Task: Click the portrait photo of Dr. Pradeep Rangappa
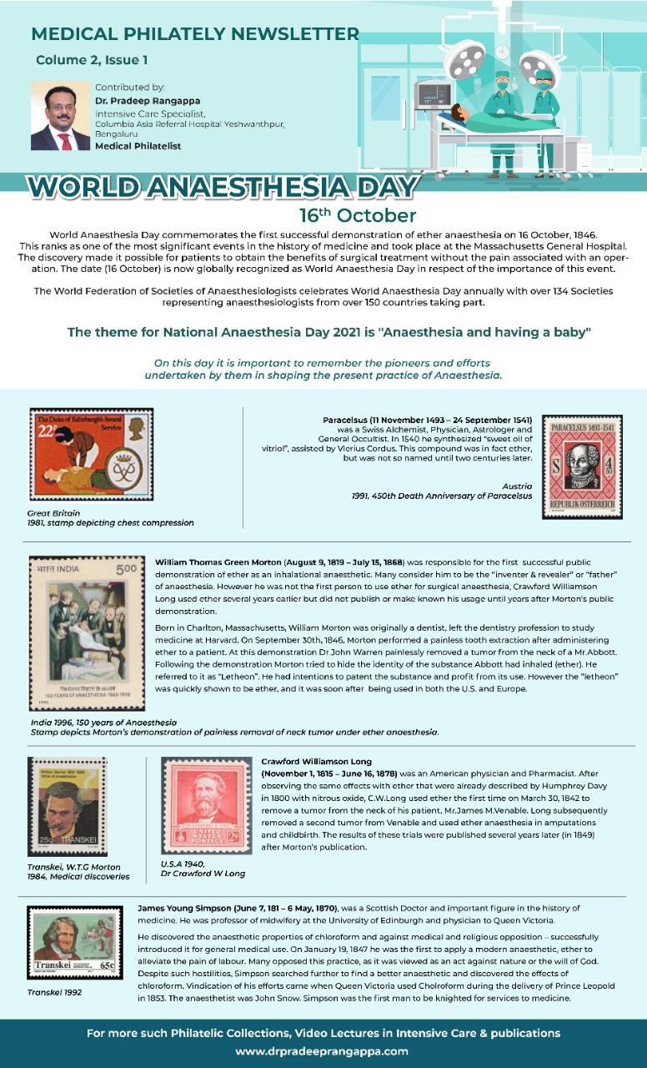pos(60,116)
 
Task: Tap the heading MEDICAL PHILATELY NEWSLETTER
pos(195,34)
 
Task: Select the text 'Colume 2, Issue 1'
pos(92,60)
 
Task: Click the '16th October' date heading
pos(358,215)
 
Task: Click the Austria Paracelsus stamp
pos(582,466)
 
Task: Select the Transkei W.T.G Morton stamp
pos(67,806)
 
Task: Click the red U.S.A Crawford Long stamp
pos(207,804)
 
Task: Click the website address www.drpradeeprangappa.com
pos(321,1051)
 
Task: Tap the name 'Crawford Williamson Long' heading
pos(316,762)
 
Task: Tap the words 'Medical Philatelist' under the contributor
pos(138,146)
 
